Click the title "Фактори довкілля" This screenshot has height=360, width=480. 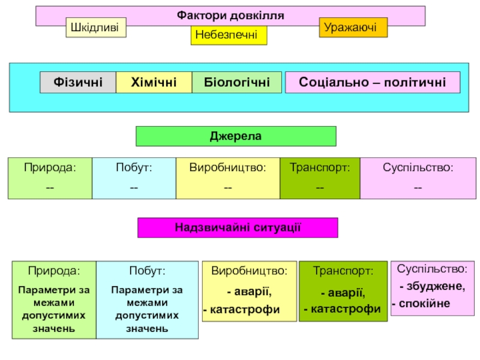(x=230, y=14)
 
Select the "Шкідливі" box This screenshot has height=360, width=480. (x=95, y=28)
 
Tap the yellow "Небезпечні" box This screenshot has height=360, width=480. (x=229, y=36)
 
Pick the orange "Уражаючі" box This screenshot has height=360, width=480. (x=353, y=28)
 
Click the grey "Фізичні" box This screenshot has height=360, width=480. (x=77, y=82)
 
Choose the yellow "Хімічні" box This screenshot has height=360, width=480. (x=154, y=82)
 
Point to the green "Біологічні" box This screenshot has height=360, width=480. (x=236, y=82)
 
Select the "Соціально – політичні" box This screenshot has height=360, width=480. (x=372, y=82)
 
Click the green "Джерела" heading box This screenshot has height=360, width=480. (x=236, y=136)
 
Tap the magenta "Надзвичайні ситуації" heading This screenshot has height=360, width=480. (x=238, y=227)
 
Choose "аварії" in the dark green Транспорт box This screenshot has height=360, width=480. (x=344, y=293)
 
